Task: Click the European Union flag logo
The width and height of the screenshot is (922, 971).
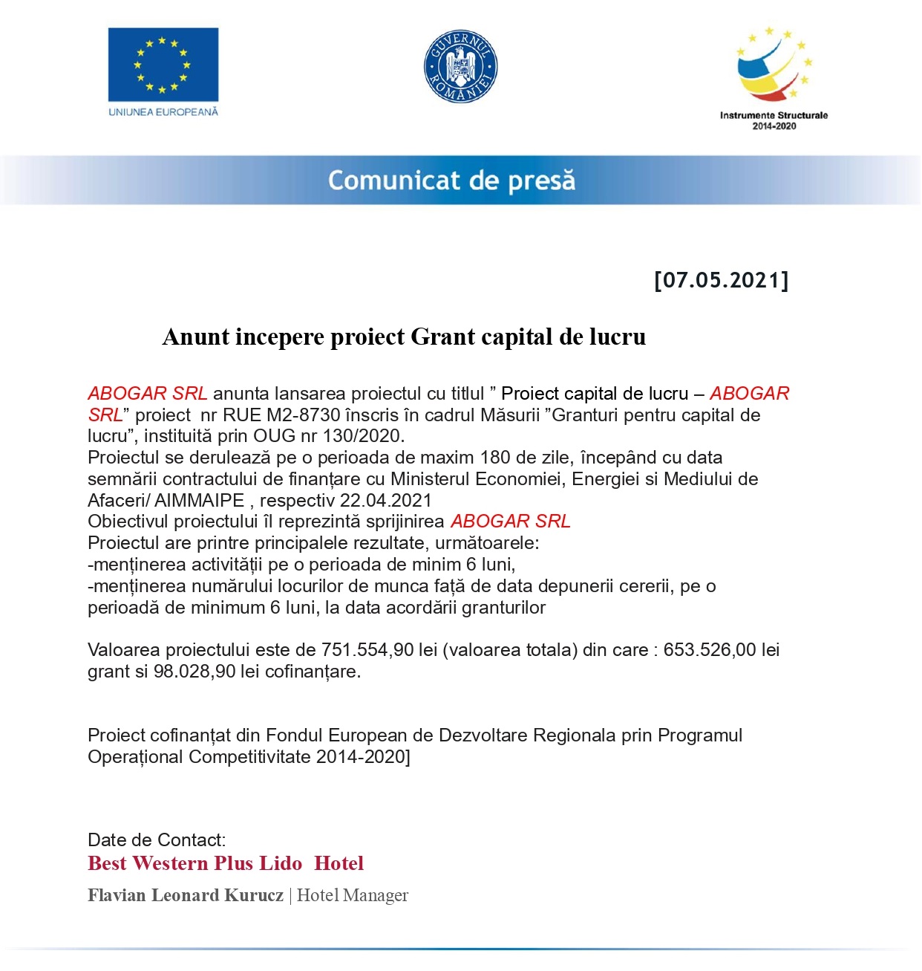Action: (x=163, y=65)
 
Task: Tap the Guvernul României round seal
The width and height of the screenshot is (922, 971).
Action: (x=460, y=67)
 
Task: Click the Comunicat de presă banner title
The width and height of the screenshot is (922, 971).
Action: (x=451, y=181)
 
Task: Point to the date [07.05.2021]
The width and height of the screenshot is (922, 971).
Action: (x=721, y=281)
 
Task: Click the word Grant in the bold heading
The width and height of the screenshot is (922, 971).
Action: (x=442, y=337)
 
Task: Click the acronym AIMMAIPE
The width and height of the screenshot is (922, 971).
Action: (x=199, y=501)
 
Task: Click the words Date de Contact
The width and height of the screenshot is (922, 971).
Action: (x=157, y=840)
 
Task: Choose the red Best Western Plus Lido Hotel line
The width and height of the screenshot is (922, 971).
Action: (x=226, y=863)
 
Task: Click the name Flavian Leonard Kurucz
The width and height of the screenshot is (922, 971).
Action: (x=186, y=895)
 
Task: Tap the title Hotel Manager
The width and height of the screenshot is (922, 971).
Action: (x=353, y=895)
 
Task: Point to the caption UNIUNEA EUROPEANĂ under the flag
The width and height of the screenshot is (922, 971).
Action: (x=163, y=112)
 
